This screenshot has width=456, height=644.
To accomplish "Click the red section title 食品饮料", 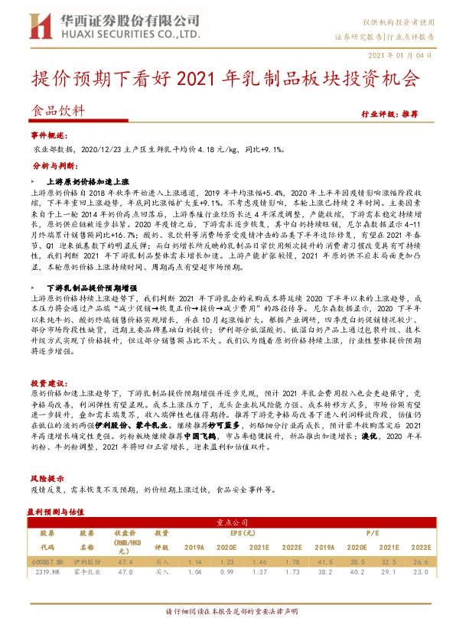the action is coord(54,109).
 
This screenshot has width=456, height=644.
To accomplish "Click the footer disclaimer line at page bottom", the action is coord(227,633).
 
